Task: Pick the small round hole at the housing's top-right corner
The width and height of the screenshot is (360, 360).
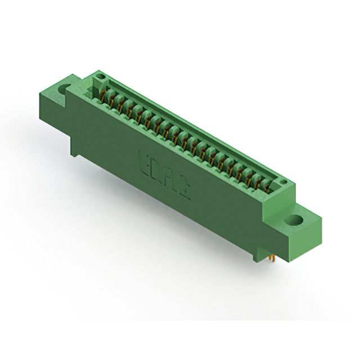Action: coord(283,182)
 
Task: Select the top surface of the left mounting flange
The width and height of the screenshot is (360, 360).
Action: coord(56,93)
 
